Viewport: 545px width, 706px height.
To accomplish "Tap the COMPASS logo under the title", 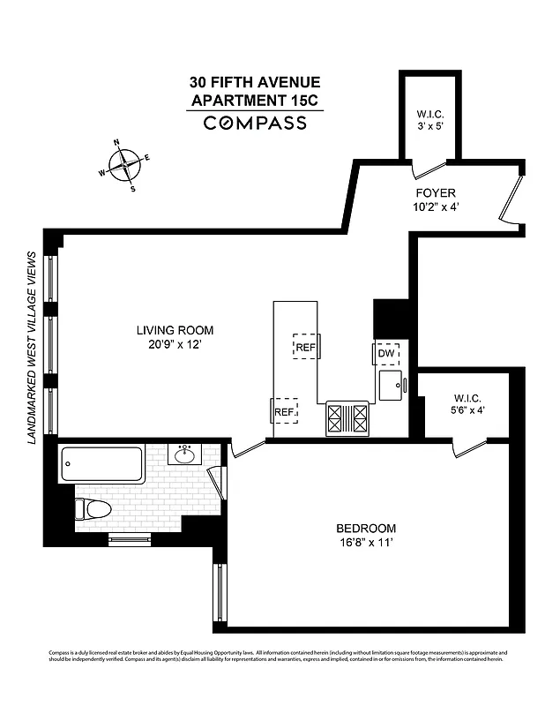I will coord(256,123).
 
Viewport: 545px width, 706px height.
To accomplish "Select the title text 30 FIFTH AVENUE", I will coord(256,84).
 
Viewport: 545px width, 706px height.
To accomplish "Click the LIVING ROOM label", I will coord(175,331).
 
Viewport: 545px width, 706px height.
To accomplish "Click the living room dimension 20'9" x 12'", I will coord(175,345).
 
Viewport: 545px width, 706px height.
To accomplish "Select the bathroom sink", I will coord(185,455).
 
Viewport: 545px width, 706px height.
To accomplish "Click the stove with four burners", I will coord(348,417).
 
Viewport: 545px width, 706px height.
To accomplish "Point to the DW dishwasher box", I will coord(385,354).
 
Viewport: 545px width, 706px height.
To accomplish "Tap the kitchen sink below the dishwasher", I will coord(391,385).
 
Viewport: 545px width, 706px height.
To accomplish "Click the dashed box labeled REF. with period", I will coord(284,411).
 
